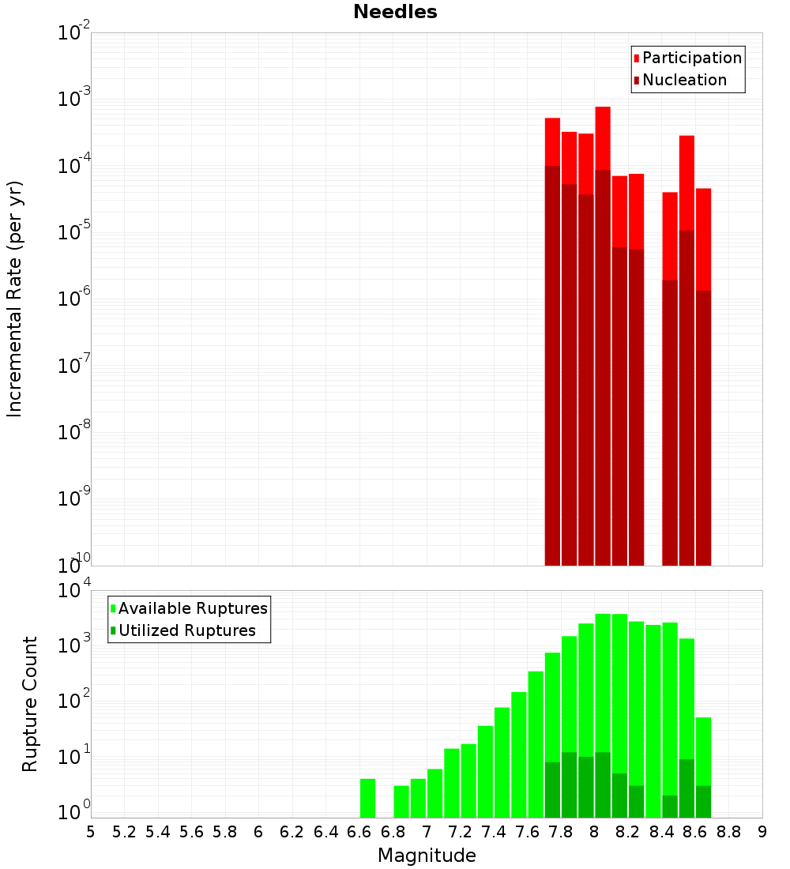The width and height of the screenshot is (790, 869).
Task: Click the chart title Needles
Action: point(395,12)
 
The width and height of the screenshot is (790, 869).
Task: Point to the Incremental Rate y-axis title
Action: point(15,299)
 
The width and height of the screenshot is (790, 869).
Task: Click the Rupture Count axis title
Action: point(30,704)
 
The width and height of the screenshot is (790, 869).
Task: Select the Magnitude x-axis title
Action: point(427,856)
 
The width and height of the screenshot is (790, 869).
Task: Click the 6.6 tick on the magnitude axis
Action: point(359,832)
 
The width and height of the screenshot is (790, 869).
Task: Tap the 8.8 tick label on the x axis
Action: point(728,832)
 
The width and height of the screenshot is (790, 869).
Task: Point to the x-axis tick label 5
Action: point(91,832)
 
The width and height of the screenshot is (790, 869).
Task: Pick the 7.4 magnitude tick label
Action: point(494,832)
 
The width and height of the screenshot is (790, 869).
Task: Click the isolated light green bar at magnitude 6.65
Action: point(367,798)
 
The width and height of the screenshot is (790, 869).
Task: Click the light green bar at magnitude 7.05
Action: point(434,793)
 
